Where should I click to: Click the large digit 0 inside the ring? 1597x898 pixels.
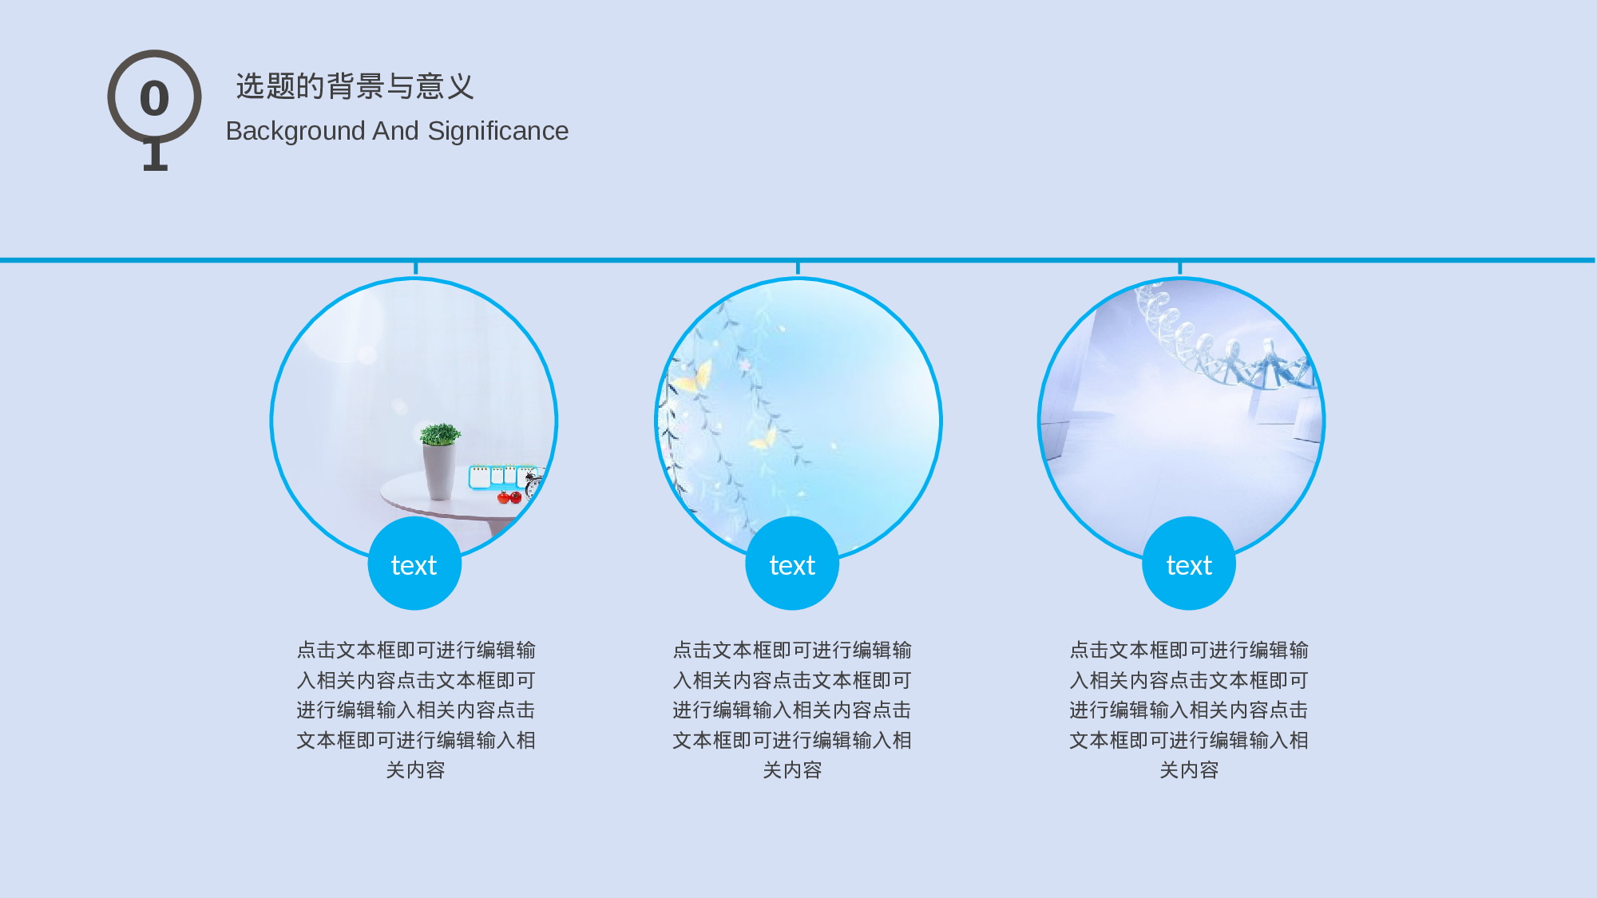[154, 98]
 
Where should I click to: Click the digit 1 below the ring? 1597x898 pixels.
[155, 156]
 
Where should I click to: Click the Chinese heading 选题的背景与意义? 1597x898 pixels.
[355, 86]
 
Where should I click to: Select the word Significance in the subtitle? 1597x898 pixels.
[497, 131]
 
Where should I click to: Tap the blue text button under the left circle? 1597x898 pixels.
[414, 564]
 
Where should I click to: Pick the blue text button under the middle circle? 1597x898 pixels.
[792, 564]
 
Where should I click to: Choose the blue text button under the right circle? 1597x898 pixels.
[1189, 564]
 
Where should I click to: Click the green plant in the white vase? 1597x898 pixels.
[440, 434]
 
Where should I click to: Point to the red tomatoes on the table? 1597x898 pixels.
[509, 498]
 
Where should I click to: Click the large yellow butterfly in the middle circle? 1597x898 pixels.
[695, 378]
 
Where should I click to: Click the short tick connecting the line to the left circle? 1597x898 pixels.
[415, 268]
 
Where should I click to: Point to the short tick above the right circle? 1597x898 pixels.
[1179, 268]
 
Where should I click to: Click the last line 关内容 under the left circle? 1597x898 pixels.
[415, 770]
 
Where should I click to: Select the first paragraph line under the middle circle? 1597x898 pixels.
[792, 651]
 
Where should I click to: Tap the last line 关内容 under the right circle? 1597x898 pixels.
[1189, 770]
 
